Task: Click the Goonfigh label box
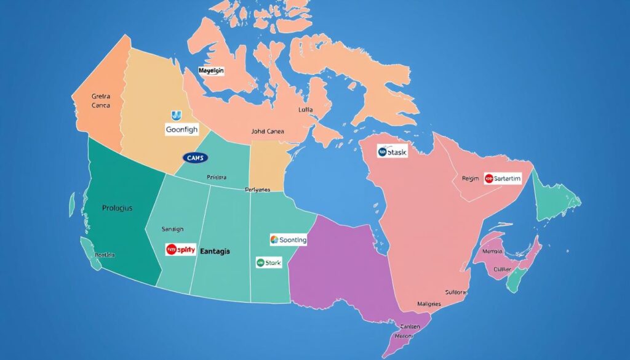pyautogui.click(x=182, y=129)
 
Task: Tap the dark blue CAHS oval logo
pyautogui.click(x=196, y=158)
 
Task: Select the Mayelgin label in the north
pyautogui.click(x=211, y=71)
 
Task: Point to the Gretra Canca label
pyautogui.click(x=100, y=101)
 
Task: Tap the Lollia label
pyautogui.click(x=305, y=110)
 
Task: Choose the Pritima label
pyautogui.click(x=217, y=177)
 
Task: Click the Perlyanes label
pyautogui.click(x=257, y=190)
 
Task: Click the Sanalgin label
pyautogui.click(x=172, y=229)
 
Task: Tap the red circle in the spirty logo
pyautogui.click(x=172, y=250)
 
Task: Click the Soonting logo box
pyautogui.click(x=288, y=240)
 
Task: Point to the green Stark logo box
pyautogui.click(x=269, y=263)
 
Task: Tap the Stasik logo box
pyautogui.click(x=392, y=151)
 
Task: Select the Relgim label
pyautogui.click(x=470, y=178)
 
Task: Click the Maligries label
pyautogui.click(x=428, y=304)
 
